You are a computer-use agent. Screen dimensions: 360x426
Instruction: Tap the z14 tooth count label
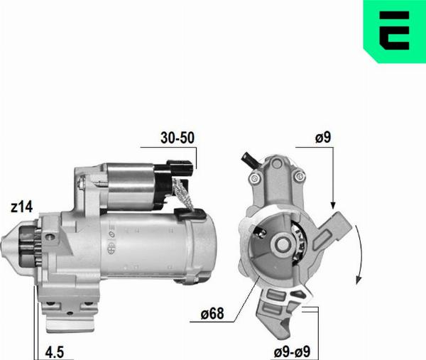(x=21, y=207)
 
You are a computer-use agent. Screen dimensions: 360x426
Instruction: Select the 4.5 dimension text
(x=55, y=351)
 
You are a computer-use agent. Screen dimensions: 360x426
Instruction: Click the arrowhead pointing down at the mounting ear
(x=332, y=204)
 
